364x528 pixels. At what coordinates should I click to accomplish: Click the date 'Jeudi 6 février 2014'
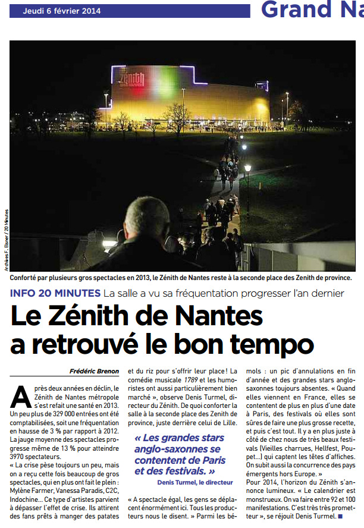click(x=62, y=11)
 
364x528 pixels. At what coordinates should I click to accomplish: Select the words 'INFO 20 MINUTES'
click(x=55, y=293)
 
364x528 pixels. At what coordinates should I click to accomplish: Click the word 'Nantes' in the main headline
click(x=219, y=316)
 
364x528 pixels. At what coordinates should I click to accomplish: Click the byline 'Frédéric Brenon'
click(x=94, y=372)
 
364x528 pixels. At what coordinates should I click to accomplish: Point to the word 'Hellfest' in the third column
click(x=325, y=448)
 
